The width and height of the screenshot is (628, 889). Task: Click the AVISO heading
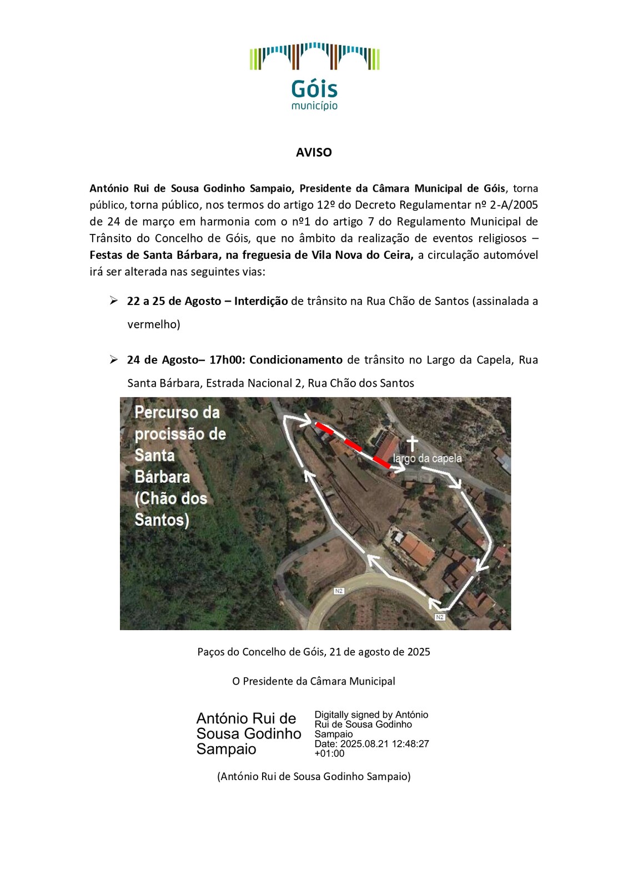tap(314, 152)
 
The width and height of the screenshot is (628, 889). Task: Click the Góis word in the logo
tap(314, 89)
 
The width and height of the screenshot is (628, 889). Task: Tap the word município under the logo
tap(314, 106)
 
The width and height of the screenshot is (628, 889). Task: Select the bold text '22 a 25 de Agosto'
tap(174, 301)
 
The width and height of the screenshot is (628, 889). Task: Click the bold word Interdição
tap(261, 301)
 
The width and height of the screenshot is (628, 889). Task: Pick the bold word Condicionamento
tap(296, 360)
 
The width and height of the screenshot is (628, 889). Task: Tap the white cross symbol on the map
tap(411, 443)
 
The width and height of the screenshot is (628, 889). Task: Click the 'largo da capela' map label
tap(427, 458)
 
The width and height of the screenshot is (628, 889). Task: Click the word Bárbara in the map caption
tap(162, 477)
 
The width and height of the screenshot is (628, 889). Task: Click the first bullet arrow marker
tap(114, 301)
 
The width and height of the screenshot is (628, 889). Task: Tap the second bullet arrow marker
tap(114, 359)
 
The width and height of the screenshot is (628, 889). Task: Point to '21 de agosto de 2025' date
tap(380, 652)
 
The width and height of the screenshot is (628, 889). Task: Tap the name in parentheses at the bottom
tap(314, 776)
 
